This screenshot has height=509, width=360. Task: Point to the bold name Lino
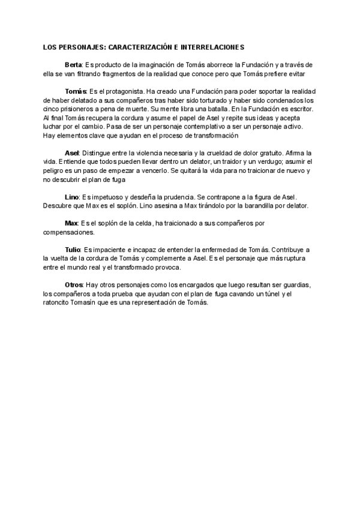coord(71,197)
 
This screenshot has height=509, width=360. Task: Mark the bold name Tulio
coord(73,248)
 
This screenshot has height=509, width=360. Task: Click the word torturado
coord(229,100)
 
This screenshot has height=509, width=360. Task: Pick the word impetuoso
coord(106,197)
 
